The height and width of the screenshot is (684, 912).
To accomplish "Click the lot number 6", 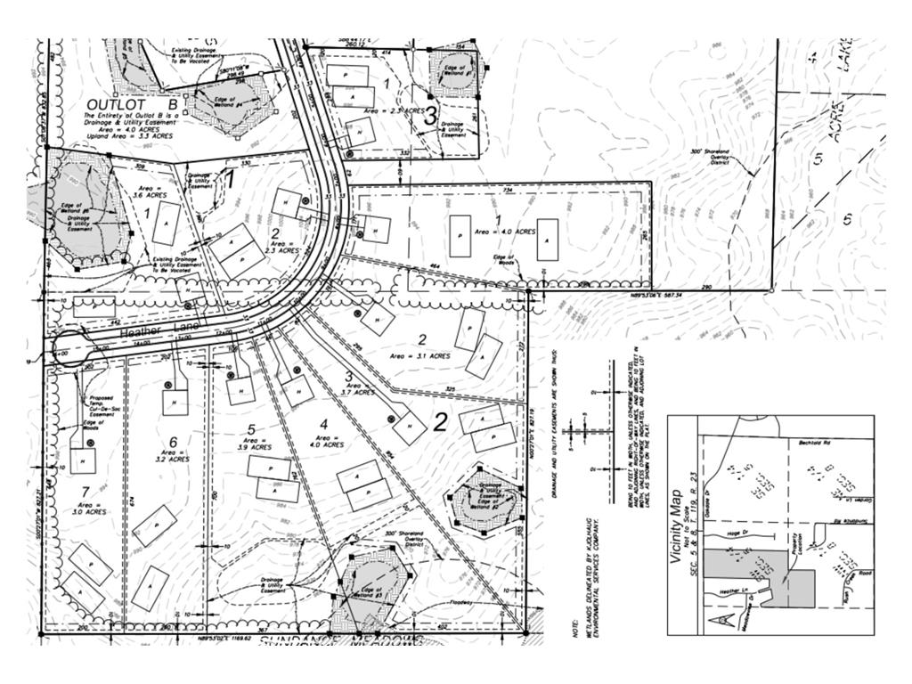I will tap(173, 442).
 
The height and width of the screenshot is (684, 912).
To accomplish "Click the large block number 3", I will tap(430, 115).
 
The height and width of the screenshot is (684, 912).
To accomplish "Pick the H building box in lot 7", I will tap(83, 460).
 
